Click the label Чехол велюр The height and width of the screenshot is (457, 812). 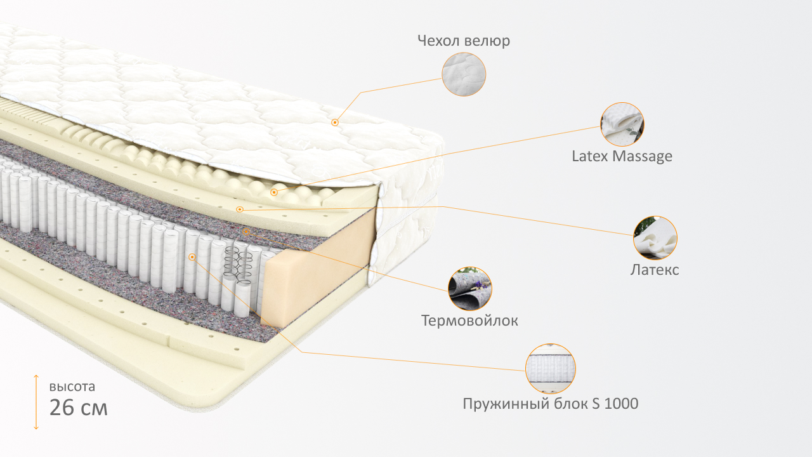464,41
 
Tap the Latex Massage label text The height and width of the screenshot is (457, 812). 622,156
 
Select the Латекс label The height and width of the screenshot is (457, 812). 655,270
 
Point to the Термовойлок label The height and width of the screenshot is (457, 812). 469,321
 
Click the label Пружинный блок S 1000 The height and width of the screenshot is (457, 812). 550,404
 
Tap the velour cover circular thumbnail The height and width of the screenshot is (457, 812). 464,74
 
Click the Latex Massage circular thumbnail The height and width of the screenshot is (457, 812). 622,124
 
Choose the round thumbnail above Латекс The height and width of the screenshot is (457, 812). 655,238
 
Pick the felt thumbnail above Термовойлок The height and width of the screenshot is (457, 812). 470,289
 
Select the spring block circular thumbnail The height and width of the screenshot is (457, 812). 550,369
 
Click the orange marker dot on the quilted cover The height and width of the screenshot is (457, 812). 335,123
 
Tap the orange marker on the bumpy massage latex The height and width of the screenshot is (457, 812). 274,192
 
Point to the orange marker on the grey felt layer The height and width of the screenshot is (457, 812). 246,232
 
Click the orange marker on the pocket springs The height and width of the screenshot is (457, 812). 192,257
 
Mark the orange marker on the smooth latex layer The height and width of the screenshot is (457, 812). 239,209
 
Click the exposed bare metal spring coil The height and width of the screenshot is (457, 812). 238,265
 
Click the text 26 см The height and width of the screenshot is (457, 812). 78,407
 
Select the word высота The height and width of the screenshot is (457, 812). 72,387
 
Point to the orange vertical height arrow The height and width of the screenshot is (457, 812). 36,402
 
